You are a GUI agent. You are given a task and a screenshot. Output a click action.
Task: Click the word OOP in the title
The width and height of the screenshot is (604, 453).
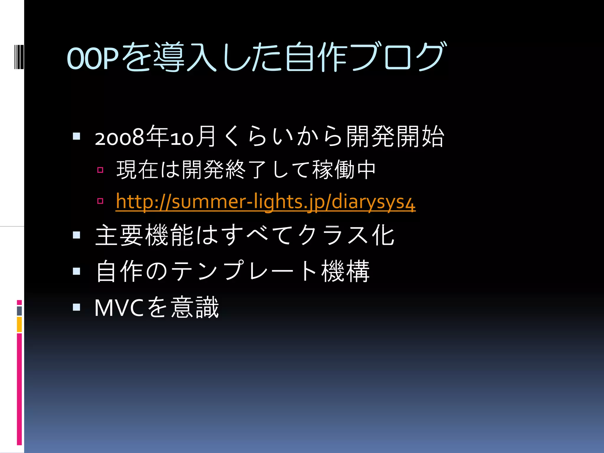(92, 58)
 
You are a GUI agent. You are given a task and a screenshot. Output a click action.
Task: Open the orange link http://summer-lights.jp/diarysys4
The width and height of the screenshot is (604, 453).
(265, 202)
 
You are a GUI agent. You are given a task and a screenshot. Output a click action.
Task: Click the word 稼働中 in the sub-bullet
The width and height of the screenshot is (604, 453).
(344, 170)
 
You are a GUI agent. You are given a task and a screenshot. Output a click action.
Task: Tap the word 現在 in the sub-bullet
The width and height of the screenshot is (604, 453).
(138, 170)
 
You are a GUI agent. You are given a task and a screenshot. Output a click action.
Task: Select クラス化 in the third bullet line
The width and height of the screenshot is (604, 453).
(346, 235)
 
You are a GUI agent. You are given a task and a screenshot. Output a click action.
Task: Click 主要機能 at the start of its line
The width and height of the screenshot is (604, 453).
(145, 235)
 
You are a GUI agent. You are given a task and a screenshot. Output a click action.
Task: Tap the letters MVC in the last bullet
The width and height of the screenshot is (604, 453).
(119, 308)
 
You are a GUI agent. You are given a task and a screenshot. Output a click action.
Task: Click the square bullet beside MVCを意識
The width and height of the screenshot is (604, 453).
(76, 307)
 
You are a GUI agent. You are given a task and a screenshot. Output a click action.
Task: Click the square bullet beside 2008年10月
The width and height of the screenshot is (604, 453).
(76, 136)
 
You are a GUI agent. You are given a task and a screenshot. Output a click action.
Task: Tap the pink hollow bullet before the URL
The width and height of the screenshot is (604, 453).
(100, 201)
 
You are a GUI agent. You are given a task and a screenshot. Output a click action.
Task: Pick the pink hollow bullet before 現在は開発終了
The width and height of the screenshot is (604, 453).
(100, 170)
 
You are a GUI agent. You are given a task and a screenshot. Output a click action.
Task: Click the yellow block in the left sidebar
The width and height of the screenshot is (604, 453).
(19, 324)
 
